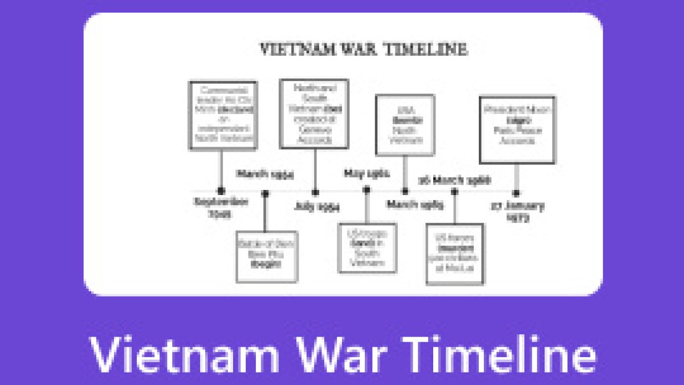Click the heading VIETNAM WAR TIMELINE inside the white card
363,49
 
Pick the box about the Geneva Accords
313,114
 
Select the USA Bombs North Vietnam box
405,125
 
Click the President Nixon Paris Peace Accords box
516,129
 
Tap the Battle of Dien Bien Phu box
266,257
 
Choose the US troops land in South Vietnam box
367,248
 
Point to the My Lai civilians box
455,254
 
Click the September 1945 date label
221,208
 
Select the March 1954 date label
266,175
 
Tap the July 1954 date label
317,207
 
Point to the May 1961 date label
367,173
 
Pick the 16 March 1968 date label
454,180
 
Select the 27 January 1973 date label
518,210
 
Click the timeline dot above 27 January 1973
516,193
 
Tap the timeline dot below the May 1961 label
367,191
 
